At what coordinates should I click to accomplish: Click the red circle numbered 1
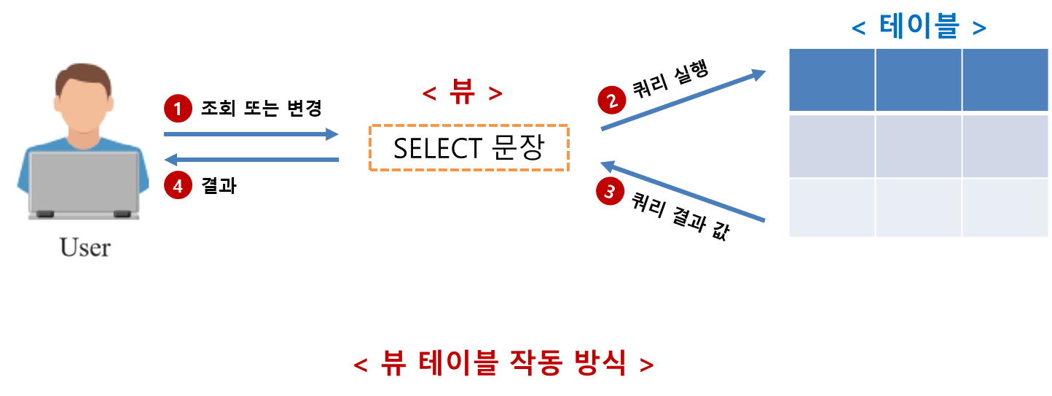[x=178, y=109]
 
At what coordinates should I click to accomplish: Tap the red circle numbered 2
[x=611, y=101]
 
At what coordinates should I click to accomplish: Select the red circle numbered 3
[x=611, y=193]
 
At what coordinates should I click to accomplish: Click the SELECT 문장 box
[x=468, y=148]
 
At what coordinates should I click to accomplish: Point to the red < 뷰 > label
[x=463, y=93]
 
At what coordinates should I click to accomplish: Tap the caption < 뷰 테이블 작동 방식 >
[x=503, y=362]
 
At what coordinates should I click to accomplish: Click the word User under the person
[x=85, y=247]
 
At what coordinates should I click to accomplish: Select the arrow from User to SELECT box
[x=251, y=134]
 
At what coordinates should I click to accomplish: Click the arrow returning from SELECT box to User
[x=251, y=160]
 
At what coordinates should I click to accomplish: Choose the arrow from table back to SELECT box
[x=683, y=191]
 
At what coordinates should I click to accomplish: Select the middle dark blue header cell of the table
[x=918, y=80]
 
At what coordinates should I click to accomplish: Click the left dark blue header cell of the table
[x=831, y=80]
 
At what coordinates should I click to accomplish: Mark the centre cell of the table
[x=918, y=146]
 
